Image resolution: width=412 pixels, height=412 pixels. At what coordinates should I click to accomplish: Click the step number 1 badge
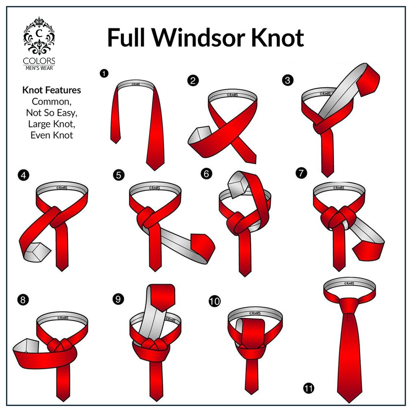pyautogui.click(x=104, y=73)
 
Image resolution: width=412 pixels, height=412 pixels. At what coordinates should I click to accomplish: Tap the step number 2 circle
pyautogui.click(x=193, y=80)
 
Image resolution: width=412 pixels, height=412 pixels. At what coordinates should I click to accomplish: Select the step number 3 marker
pyautogui.click(x=288, y=80)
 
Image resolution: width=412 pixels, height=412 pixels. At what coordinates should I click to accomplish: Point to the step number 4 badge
pyautogui.click(x=24, y=175)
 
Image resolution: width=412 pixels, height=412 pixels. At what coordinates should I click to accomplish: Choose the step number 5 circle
pyautogui.click(x=118, y=175)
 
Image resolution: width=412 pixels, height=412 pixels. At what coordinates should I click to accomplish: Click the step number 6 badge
pyautogui.click(x=206, y=174)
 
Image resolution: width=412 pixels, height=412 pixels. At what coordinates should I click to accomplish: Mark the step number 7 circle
pyautogui.click(x=301, y=173)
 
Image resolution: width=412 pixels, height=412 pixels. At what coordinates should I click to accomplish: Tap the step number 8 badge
pyautogui.click(x=23, y=300)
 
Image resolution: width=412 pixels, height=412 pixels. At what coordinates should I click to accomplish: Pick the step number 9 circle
pyautogui.click(x=118, y=299)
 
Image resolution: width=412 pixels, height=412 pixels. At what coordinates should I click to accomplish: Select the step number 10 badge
pyautogui.click(x=215, y=301)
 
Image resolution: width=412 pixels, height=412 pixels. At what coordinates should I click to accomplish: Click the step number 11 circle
pyautogui.click(x=309, y=388)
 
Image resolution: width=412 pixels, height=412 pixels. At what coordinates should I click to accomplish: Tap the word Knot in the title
pyautogui.click(x=278, y=38)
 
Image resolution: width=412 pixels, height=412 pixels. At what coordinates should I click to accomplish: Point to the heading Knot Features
pyautogui.click(x=51, y=90)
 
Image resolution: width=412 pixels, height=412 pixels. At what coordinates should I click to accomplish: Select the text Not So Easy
pyautogui.click(x=51, y=113)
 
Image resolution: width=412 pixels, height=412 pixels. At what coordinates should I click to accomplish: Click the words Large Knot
pyautogui.click(x=51, y=124)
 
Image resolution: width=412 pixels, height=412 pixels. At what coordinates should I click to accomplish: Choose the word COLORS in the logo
pyautogui.click(x=39, y=61)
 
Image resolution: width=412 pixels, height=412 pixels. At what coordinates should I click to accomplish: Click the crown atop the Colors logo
pyautogui.click(x=39, y=21)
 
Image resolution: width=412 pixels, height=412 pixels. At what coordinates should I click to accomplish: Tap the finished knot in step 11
pyautogui.click(x=349, y=306)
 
